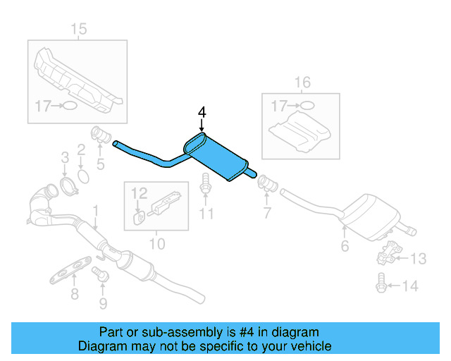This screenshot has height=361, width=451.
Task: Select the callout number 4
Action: point(202,113)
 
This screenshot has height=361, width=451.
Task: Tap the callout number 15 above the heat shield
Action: point(78,29)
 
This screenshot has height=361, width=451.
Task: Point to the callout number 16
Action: point(301,83)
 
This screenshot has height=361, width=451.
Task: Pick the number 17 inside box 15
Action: point(42,106)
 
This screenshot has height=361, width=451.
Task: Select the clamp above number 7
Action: point(267,183)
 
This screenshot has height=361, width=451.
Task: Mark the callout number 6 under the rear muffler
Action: point(345,246)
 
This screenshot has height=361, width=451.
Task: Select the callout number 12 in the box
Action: point(139,191)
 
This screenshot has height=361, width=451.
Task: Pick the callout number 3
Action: point(64,157)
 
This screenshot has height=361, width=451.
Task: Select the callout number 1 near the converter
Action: point(96,210)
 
